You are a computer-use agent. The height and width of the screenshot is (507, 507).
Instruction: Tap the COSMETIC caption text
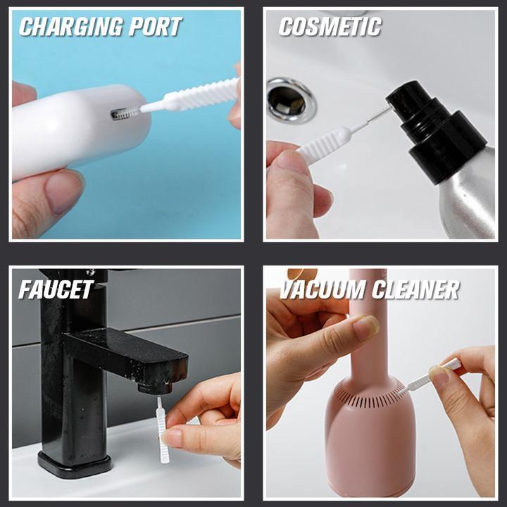coord(330,27)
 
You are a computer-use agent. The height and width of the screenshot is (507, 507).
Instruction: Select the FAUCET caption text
coord(56,289)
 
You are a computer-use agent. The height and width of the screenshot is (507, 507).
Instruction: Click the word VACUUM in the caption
coord(323,289)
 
